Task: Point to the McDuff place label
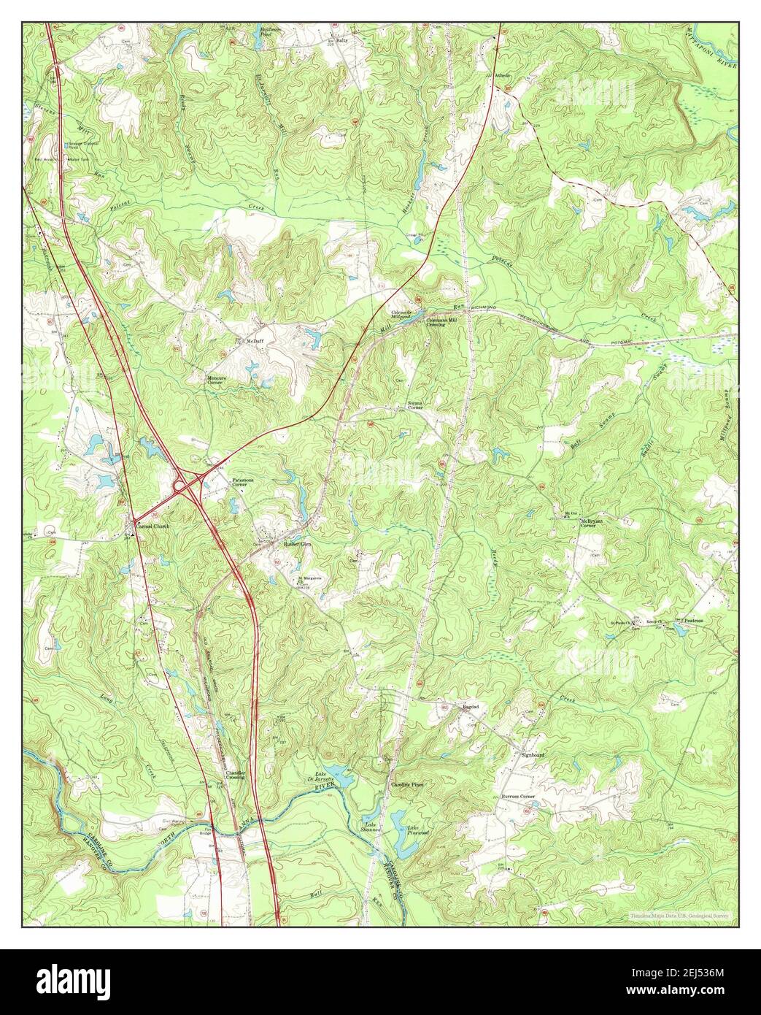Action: [253, 340]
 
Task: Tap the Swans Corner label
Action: [414, 407]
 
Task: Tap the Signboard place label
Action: [533, 754]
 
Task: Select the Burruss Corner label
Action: [518, 795]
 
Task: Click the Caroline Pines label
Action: [406, 785]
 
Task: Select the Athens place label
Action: [502, 75]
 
